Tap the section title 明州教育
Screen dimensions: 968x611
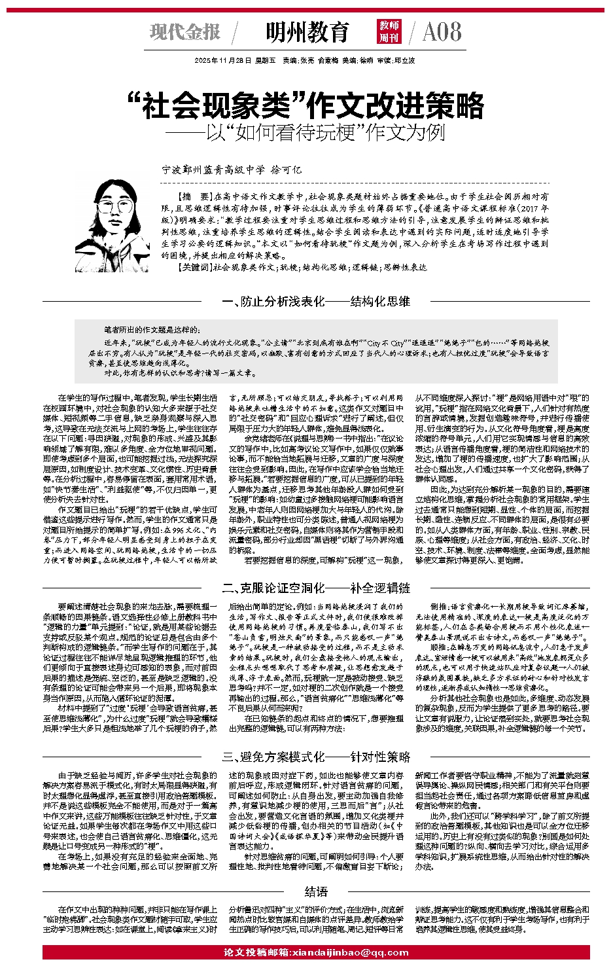coord(307,31)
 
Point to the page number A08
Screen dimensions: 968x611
coord(442,31)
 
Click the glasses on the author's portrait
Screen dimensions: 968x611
coord(117,208)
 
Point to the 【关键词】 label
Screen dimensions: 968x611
coord(194,267)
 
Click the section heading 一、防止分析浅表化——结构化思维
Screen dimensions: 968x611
coord(316,302)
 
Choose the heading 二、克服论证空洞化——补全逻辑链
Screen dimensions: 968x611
coord(316,587)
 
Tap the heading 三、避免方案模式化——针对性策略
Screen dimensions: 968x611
coord(316,757)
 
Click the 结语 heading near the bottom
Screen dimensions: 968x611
coord(316,891)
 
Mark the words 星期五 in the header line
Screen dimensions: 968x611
coord(263,60)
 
